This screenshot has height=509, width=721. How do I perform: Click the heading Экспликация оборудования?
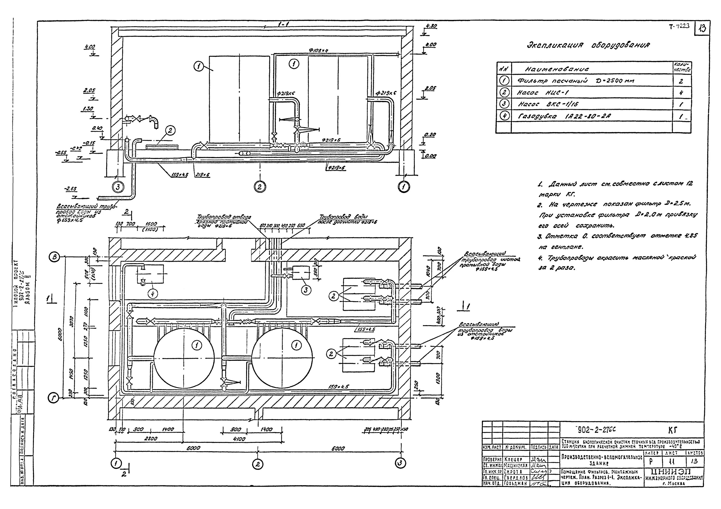[588, 45]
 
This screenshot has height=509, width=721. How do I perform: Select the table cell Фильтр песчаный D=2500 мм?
[576, 81]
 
